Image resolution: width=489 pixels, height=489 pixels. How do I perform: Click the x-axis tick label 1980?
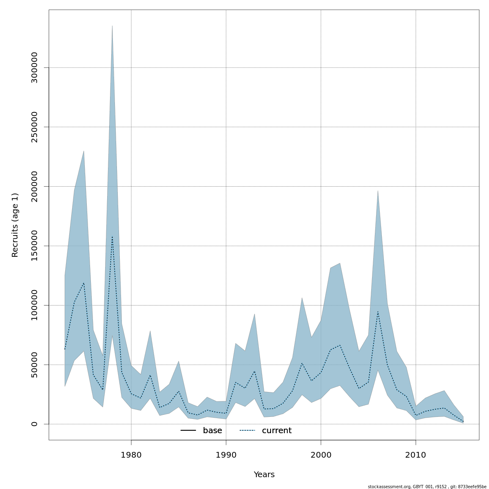[131, 455]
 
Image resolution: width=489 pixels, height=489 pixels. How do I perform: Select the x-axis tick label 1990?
[226, 455]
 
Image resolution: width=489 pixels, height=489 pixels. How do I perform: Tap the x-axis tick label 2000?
[321, 455]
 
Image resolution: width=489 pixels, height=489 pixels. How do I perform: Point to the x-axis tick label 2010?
[416, 455]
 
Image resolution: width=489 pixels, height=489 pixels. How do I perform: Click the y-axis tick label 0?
[34, 424]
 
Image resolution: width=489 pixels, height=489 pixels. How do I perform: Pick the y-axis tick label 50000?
[34, 365]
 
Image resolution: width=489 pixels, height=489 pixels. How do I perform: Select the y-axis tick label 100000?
[34, 305]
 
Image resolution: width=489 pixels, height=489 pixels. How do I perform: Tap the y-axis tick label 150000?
[34, 246]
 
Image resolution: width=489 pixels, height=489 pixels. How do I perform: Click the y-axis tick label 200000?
[34, 186]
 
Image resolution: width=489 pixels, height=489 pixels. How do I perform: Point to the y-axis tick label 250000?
[34, 127]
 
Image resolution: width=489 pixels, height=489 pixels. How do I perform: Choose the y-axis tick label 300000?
[34, 68]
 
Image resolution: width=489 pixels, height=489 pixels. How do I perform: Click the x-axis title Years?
[264, 475]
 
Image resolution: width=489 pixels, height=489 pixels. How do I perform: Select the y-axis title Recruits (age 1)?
[15, 225]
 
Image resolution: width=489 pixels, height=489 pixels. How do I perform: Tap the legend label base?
[212, 431]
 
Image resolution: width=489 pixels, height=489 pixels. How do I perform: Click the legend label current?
[277, 431]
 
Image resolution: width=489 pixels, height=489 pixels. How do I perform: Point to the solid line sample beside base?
[188, 431]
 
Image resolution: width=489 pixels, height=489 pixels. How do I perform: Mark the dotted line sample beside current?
[247, 431]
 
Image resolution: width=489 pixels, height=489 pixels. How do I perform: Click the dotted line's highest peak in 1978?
[112, 236]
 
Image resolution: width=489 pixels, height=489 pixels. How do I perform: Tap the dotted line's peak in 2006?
[378, 312]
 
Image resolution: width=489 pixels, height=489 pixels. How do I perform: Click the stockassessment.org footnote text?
[427, 487]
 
